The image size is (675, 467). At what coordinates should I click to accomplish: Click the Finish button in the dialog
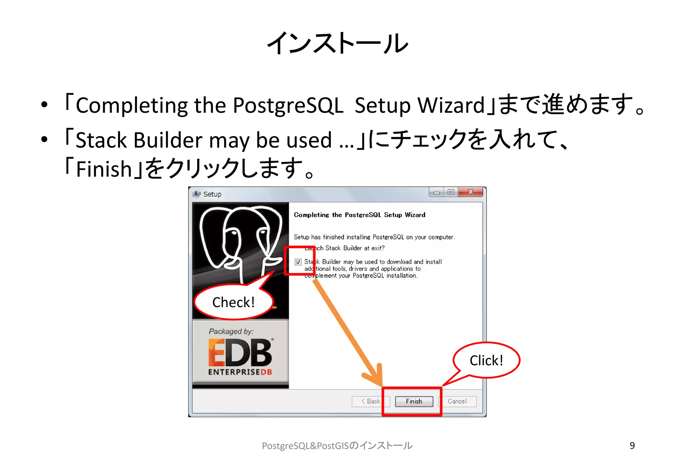414,401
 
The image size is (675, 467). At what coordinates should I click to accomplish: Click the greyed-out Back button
370,401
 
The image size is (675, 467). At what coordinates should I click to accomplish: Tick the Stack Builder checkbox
298,262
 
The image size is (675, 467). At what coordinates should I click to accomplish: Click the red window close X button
471,192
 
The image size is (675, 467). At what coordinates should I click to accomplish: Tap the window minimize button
437,192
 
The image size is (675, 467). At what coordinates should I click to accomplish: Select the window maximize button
451,192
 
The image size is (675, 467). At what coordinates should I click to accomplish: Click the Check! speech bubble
234,302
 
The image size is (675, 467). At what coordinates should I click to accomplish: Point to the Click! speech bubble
486,360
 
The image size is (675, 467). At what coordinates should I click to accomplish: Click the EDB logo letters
240,353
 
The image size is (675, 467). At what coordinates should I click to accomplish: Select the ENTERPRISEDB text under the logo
240,372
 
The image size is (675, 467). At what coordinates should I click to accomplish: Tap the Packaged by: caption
231,331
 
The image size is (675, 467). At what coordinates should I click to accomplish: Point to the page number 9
632,446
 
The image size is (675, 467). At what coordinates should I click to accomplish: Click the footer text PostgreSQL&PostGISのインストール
337,446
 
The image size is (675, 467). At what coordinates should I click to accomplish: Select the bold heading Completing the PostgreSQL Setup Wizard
360,215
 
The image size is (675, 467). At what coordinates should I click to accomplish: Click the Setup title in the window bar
212,194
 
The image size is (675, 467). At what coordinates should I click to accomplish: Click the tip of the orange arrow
381,385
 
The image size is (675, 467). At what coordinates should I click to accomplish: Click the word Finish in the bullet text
104,169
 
